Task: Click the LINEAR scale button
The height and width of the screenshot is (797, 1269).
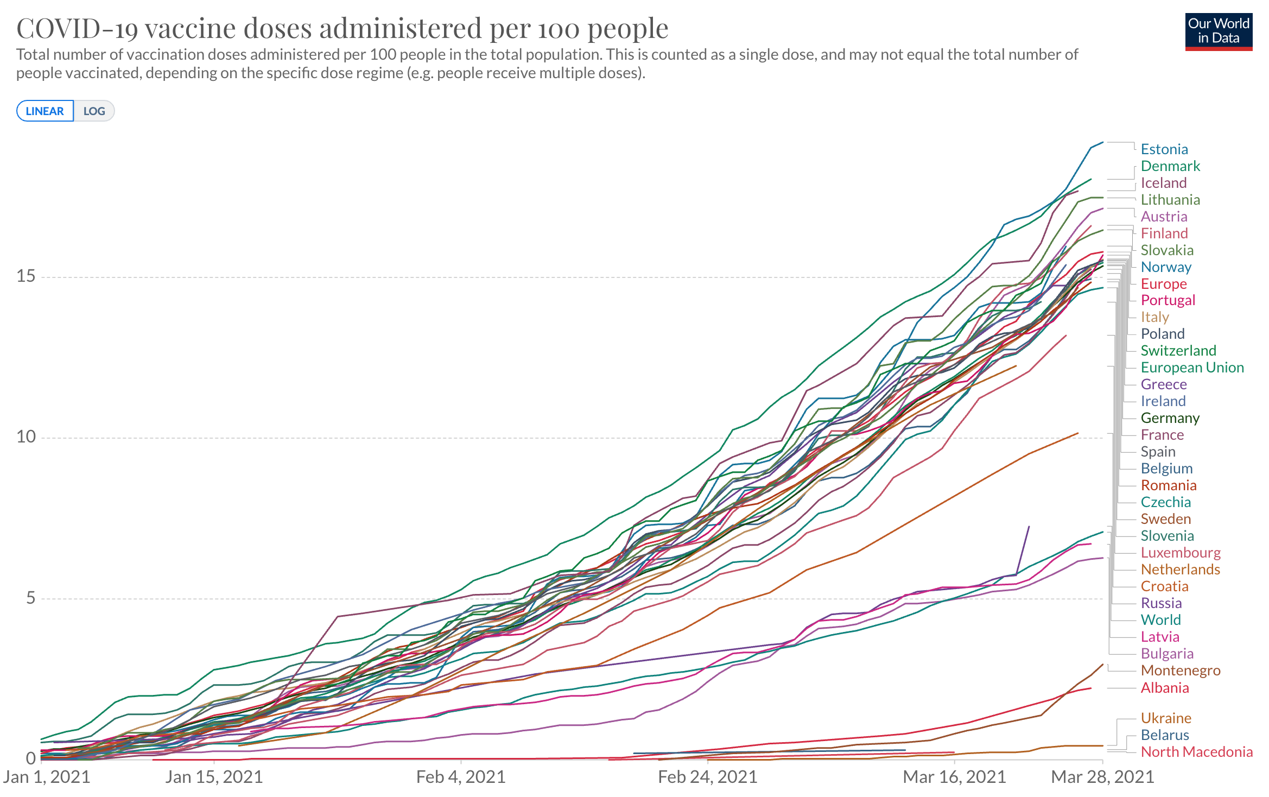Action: (45, 111)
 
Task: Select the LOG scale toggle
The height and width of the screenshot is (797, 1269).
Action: (94, 111)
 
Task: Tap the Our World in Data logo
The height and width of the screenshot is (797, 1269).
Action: (1218, 31)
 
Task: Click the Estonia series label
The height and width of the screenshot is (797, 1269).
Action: (1164, 149)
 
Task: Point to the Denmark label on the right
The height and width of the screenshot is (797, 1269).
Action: (1170, 166)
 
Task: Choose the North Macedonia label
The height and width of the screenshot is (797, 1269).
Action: (1196, 752)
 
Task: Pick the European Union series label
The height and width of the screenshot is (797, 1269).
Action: (1192, 368)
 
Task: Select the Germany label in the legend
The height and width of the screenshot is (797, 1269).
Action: (1170, 418)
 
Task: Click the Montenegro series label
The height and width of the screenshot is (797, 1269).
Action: (1180, 671)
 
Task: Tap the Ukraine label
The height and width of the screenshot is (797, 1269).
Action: (1166, 718)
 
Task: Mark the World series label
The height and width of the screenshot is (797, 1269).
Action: (1160, 620)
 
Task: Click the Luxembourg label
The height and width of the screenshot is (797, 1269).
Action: (1181, 553)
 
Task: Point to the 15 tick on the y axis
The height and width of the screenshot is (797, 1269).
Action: (26, 276)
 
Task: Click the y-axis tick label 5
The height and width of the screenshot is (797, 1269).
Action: (30, 598)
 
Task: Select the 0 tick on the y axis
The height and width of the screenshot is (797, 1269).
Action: (30, 758)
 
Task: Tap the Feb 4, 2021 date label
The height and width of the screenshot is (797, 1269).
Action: (461, 777)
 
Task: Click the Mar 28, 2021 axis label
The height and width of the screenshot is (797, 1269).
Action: (1102, 777)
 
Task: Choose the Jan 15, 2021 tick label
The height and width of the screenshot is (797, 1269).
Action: (214, 777)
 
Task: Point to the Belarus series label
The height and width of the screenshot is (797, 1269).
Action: (1165, 735)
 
